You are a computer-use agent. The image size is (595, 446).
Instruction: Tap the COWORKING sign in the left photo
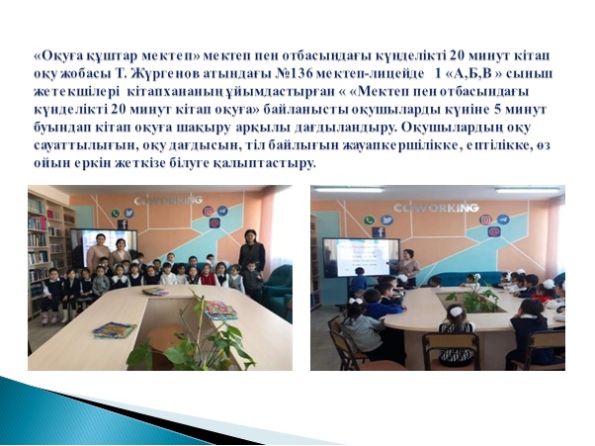point(167,201)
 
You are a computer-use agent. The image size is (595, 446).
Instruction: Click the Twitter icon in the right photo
point(387,221)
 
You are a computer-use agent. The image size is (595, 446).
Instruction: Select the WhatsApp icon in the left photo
point(116,214)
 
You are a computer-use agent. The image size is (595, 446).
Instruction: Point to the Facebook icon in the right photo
point(379,232)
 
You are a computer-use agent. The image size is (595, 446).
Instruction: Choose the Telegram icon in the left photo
point(222,211)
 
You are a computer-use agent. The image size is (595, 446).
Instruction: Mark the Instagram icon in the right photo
point(485,220)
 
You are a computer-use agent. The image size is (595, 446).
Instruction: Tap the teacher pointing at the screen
point(407,268)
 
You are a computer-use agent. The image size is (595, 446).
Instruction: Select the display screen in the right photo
point(361,257)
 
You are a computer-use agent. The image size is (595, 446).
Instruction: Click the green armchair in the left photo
point(278,289)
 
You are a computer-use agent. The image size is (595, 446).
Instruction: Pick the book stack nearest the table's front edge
point(115,330)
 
